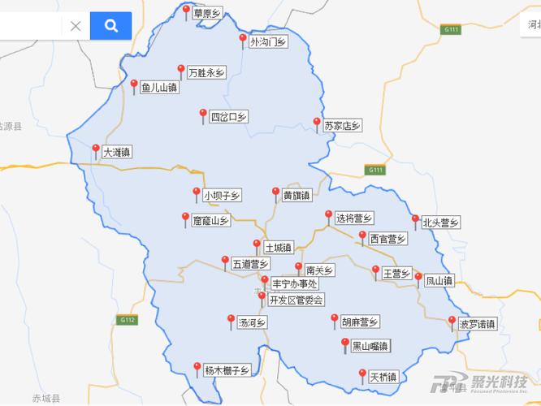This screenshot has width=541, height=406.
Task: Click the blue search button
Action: tap(110, 26)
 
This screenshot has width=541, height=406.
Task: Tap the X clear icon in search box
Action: tap(76, 26)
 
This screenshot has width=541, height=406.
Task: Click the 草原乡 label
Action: tap(207, 13)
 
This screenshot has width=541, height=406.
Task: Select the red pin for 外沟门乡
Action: tap(242, 39)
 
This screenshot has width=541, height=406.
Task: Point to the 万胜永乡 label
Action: tap(206, 72)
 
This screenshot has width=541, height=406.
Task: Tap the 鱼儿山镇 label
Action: tap(159, 87)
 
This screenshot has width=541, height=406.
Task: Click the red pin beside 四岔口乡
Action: tap(203, 114)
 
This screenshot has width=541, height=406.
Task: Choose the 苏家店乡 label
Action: tap(342, 126)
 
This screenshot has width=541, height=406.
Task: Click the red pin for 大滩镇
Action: tap(96, 149)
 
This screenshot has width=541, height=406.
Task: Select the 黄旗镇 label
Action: tap(296, 196)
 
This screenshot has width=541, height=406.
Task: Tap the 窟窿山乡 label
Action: tap(211, 220)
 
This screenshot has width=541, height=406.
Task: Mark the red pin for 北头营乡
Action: tap(415, 220)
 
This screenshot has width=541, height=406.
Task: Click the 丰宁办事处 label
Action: tap(294, 284)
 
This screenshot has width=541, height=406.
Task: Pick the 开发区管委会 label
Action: tap(296, 300)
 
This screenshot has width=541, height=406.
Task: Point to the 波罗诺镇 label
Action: tap(477, 324)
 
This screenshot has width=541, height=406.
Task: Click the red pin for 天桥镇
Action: tap(362, 374)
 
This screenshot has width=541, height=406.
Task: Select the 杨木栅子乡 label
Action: tap(227, 370)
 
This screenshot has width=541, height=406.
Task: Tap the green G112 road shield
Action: tap(127, 320)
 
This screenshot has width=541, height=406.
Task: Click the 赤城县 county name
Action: tap(46, 398)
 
